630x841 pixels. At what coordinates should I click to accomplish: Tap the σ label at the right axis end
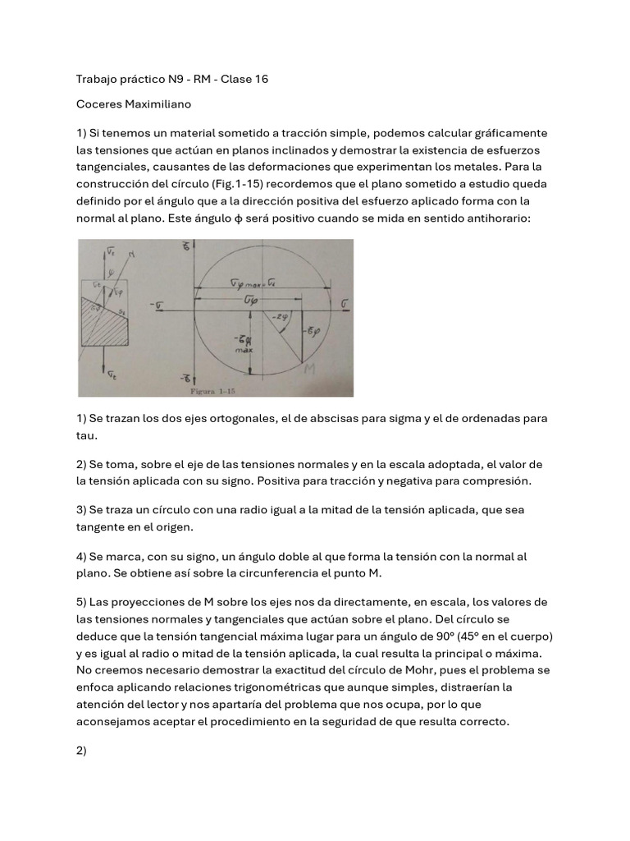pyautogui.click(x=345, y=305)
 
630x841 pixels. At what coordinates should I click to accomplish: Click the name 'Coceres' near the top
pyautogui.click(x=100, y=104)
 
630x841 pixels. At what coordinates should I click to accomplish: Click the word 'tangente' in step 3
pyautogui.click(x=103, y=526)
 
